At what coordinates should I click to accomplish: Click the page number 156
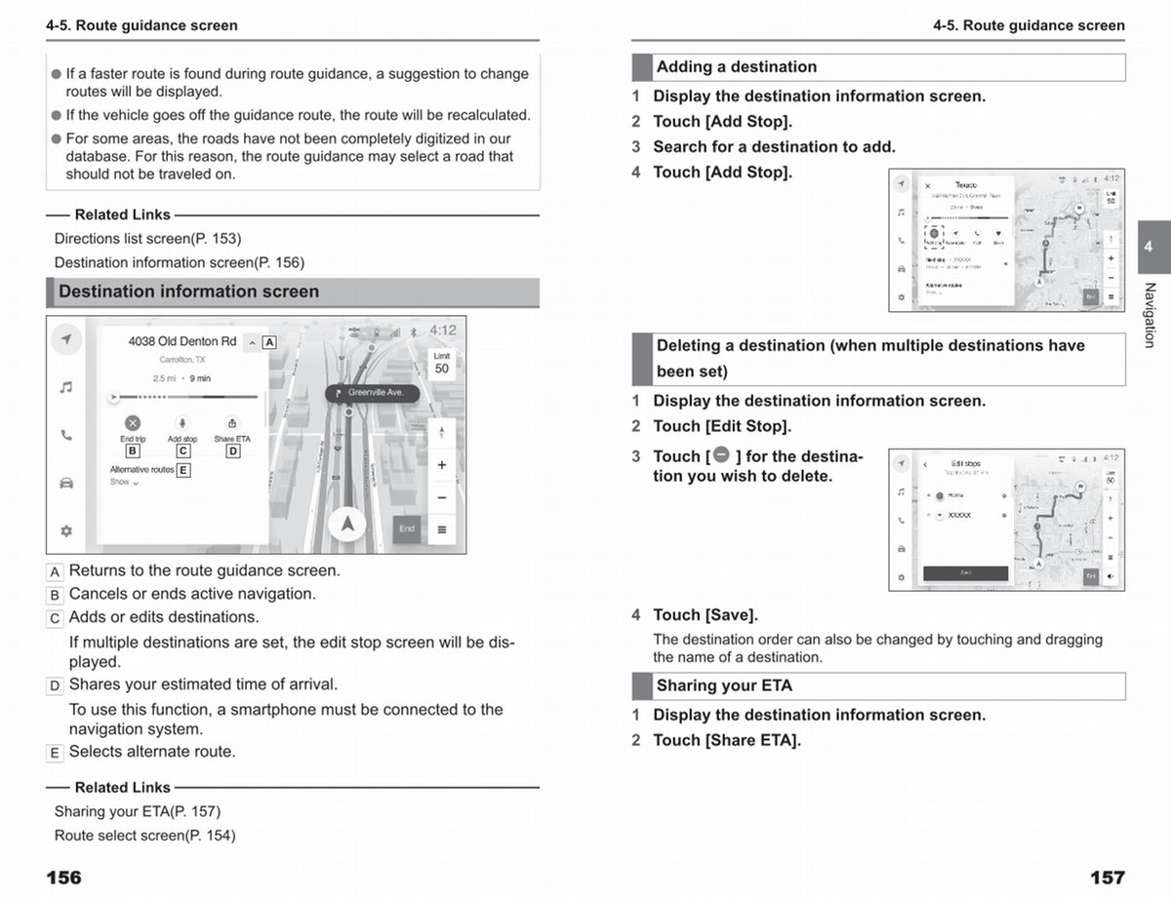(63, 878)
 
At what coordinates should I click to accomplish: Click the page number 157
(1108, 878)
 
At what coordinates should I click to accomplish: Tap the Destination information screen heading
(188, 292)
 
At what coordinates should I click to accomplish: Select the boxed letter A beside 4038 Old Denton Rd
(269, 342)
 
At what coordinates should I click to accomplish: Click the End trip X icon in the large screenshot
(132, 423)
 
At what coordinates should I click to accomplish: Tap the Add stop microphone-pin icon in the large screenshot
(182, 423)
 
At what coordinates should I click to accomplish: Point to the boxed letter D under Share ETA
(233, 451)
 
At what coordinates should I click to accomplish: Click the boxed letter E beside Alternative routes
(183, 470)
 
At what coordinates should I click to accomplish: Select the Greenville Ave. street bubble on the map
(371, 393)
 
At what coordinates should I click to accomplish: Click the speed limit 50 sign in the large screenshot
(442, 364)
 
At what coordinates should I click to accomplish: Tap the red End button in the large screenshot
(407, 529)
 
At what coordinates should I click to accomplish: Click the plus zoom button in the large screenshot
(442, 465)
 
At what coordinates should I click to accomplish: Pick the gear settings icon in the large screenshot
(65, 531)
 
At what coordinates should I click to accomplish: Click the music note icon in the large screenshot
(65, 387)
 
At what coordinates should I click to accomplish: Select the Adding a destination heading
(737, 67)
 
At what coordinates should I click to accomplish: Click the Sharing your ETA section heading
(724, 685)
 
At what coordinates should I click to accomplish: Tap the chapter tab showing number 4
(1149, 247)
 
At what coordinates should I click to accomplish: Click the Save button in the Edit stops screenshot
(965, 573)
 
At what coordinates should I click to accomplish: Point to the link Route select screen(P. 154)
(144, 835)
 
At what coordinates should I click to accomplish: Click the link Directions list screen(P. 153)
(147, 238)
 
